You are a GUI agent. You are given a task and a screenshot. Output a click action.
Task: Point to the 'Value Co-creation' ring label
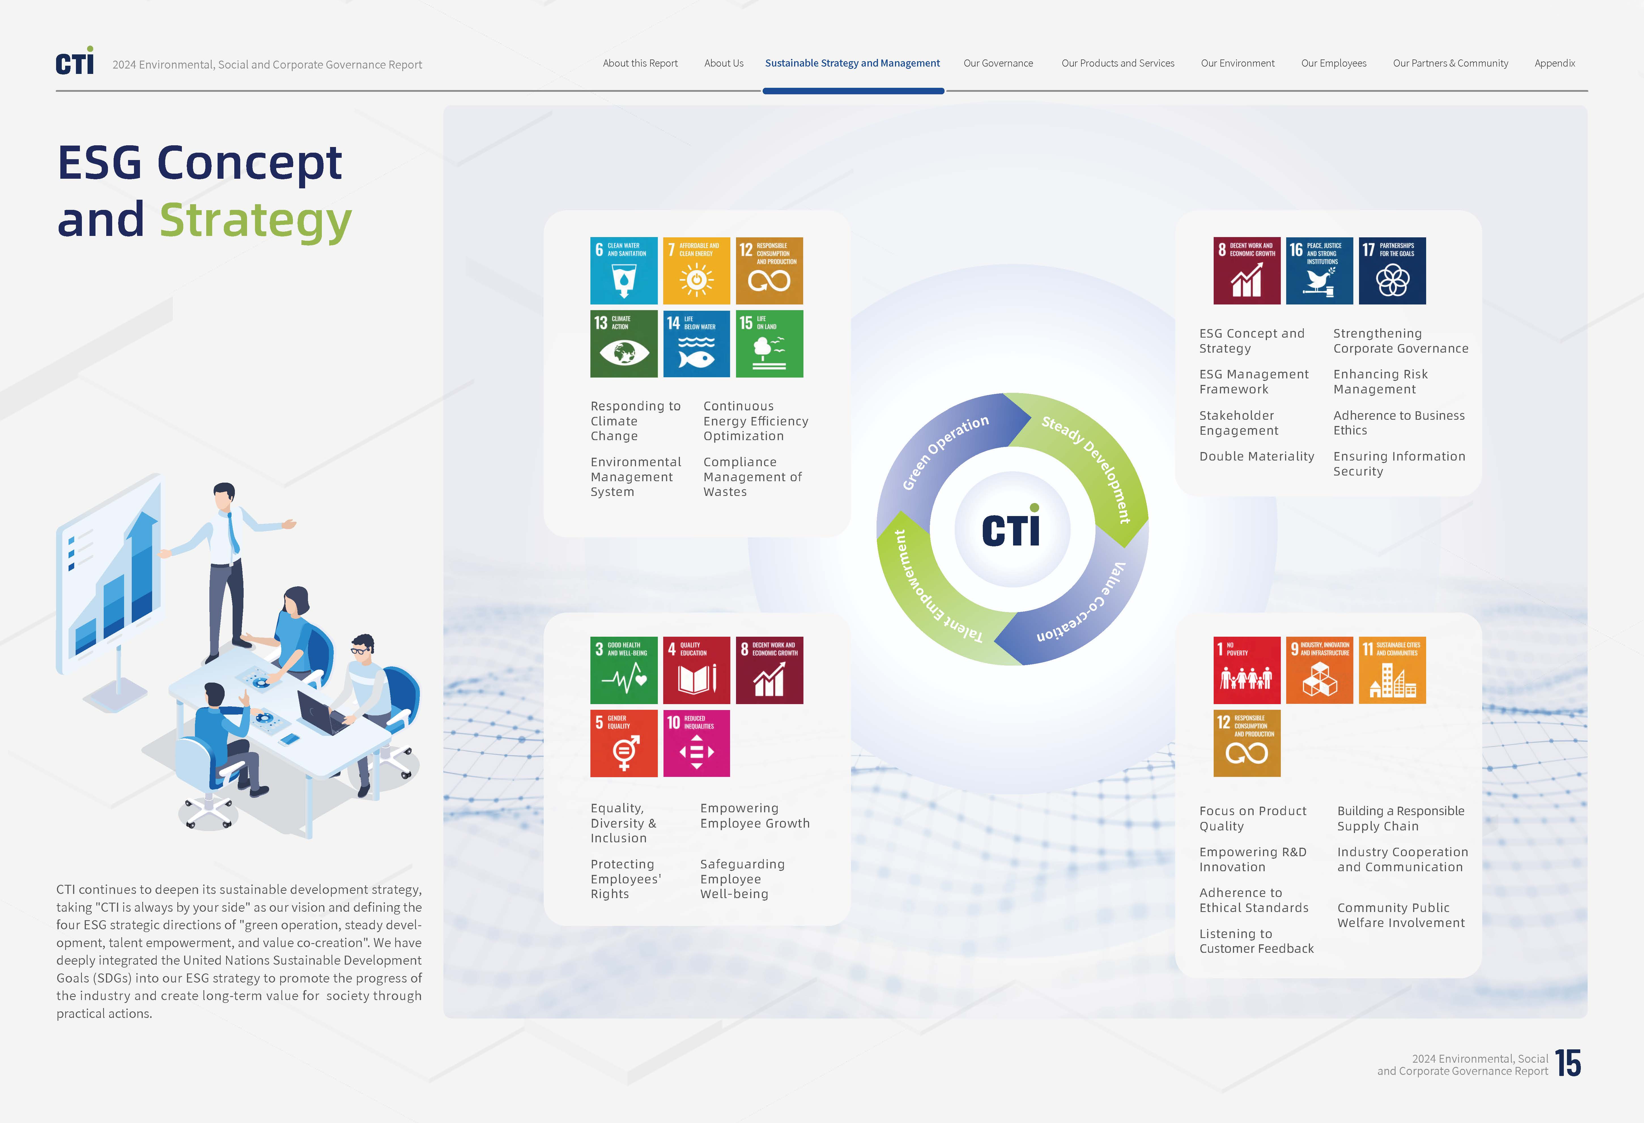(x=1082, y=605)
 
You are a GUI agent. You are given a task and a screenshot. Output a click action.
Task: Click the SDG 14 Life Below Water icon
(x=696, y=344)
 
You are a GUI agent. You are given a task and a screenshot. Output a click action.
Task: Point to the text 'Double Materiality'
(x=1256, y=456)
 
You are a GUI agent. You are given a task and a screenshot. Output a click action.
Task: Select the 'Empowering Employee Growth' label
(x=755, y=815)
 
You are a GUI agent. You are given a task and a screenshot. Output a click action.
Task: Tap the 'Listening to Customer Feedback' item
(x=1256, y=941)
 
